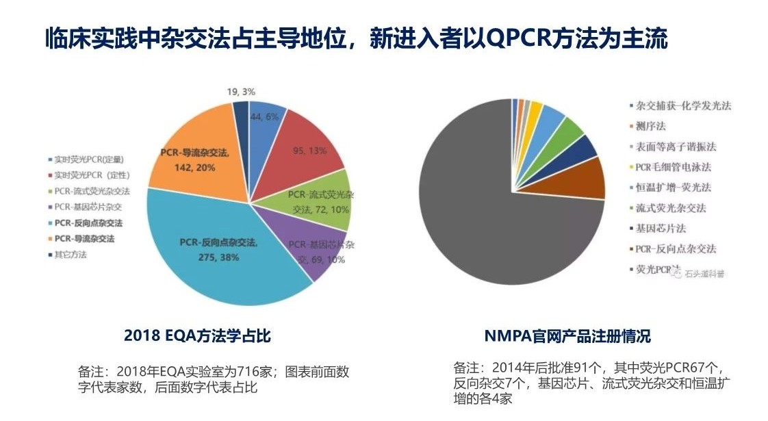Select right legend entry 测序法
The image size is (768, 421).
coord(650,126)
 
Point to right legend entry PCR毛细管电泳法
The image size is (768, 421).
coord(674,167)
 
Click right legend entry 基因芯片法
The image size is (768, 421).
coord(661,228)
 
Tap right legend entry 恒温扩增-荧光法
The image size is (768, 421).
coord(674,188)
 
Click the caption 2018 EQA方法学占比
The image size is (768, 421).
coord(197,336)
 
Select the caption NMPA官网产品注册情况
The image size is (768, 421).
coord(567,336)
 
